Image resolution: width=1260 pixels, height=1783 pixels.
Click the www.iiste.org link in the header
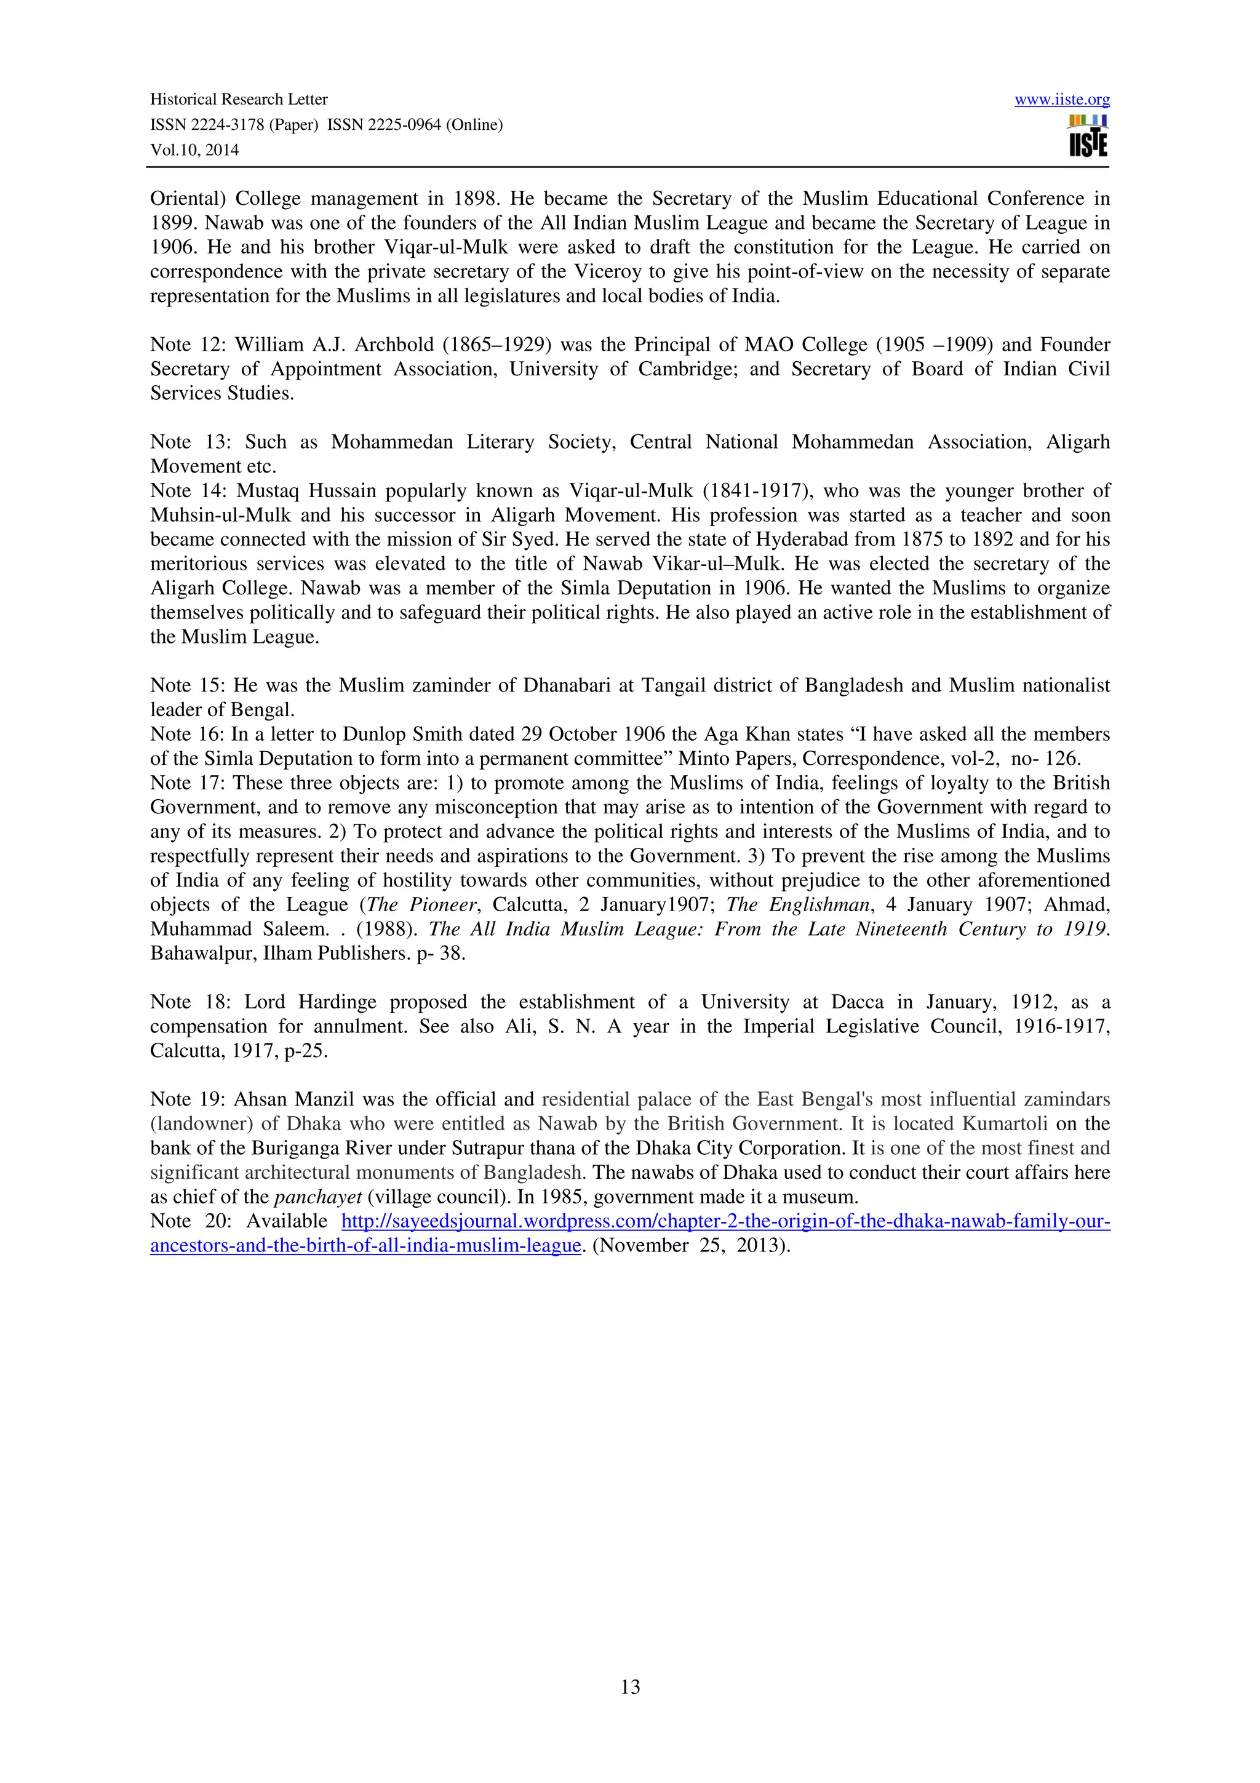pos(1061,100)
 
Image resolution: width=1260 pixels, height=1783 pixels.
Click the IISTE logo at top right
pos(1088,137)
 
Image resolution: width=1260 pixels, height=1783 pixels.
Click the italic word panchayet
pos(318,1197)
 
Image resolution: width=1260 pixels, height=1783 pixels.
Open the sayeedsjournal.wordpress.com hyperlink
pos(725,1221)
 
